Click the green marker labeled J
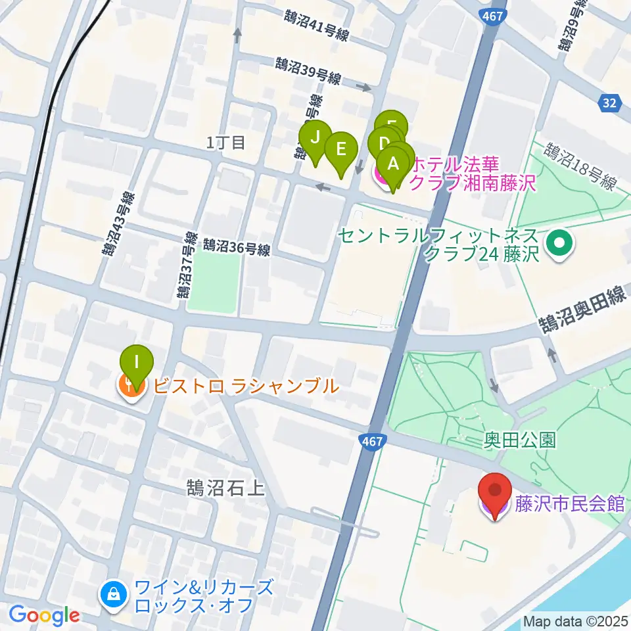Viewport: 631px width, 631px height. point(315,138)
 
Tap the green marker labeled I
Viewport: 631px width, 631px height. point(137,363)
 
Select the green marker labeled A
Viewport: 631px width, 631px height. point(393,164)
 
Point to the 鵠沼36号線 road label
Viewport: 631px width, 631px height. point(237,247)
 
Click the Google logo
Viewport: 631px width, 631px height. point(44,615)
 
